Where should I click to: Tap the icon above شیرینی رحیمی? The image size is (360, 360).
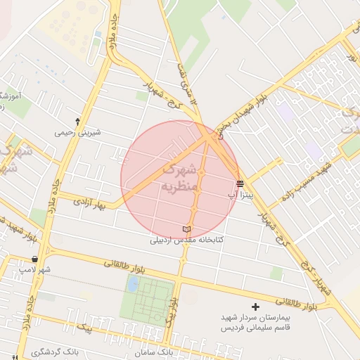(x=77, y=122)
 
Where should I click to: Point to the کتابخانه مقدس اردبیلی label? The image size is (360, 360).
(x=186, y=240)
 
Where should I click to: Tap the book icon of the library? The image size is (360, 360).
(x=186, y=230)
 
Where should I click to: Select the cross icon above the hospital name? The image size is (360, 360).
(x=255, y=307)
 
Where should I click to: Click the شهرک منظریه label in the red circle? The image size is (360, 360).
(x=177, y=177)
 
